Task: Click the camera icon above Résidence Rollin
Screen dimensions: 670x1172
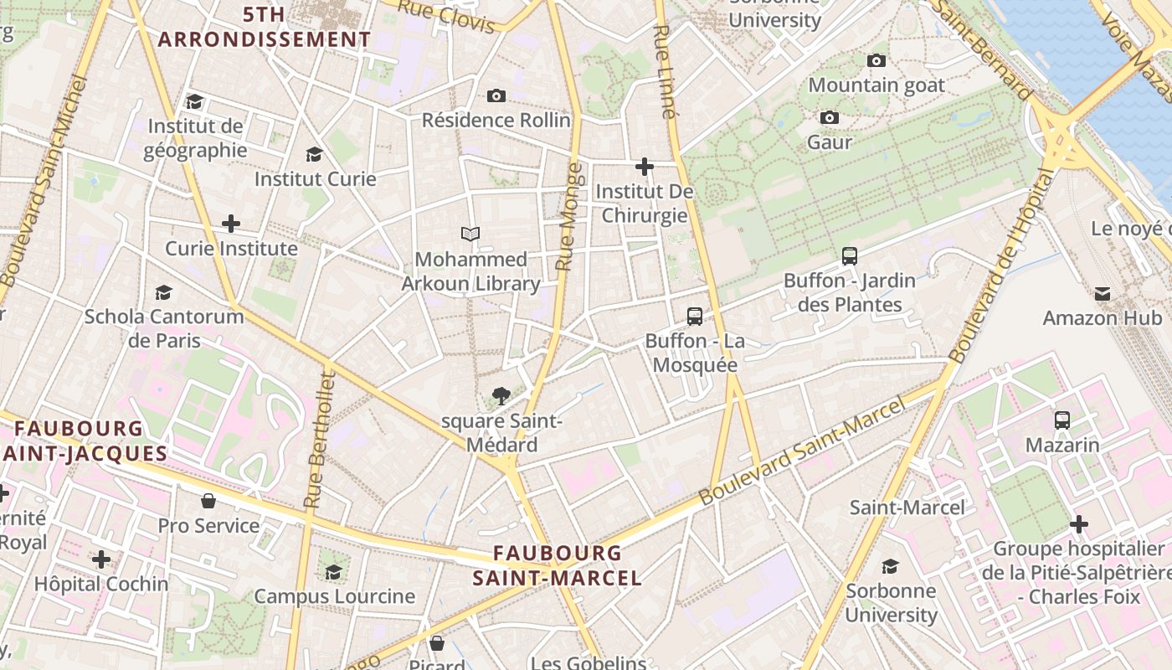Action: [x=496, y=95]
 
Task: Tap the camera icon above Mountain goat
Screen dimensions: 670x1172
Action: [x=876, y=60]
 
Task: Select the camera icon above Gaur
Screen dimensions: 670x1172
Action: [x=830, y=117]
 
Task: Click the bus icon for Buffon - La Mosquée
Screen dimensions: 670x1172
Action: [x=695, y=316]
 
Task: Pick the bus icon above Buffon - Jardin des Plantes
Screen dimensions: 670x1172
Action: [x=850, y=256]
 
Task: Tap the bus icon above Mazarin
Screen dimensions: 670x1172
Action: [x=1062, y=420]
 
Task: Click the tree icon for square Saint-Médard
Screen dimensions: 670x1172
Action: [x=501, y=394]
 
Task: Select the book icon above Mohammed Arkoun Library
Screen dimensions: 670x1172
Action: [x=470, y=234]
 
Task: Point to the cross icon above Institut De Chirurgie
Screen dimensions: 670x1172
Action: [x=645, y=167]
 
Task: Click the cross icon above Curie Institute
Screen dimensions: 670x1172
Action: [x=231, y=224]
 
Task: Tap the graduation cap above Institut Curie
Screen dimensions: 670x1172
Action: [x=315, y=154]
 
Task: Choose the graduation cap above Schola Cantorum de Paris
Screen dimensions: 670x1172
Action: [x=164, y=292]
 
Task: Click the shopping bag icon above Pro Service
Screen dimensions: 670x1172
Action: [x=208, y=501]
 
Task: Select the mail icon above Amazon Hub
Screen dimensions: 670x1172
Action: [x=1103, y=293]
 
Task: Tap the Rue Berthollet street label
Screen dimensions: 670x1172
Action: [x=321, y=441]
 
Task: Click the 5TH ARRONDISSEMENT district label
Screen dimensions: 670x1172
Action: [x=264, y=27]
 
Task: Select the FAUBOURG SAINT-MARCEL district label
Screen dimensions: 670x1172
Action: [x=558, y=565]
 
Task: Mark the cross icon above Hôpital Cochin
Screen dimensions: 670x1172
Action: [x=101, y=559]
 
